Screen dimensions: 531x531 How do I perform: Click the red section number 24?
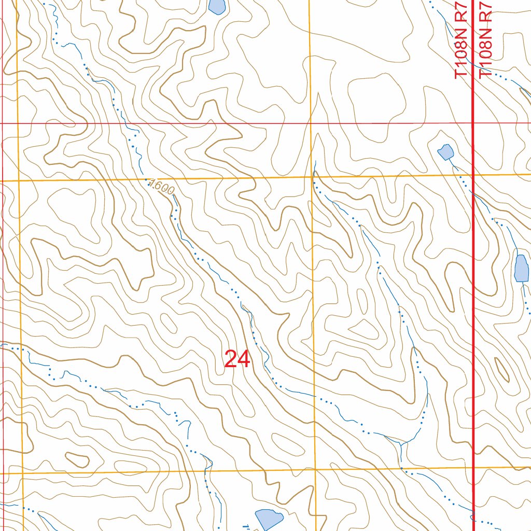(237, 359)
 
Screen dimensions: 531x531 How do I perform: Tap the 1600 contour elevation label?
(161, 188)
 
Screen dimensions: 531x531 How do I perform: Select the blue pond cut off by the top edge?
(217, 6)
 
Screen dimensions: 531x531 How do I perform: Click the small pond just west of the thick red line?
(445, 152)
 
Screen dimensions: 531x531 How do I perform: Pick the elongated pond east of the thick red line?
(521, 269)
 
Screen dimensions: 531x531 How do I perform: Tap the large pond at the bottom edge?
(269, 519)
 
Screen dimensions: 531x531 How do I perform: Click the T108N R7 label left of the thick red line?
(462, 39)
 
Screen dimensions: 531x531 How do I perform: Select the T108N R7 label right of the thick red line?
(486, 39)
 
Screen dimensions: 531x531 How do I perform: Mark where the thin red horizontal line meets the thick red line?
(473, 123)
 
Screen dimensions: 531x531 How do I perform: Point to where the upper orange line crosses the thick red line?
(473, 175)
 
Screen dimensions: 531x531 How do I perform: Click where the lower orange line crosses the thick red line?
(474, 467)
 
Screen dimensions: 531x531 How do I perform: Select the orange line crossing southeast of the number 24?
(315, 470)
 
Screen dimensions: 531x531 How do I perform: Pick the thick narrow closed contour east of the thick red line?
(502, 369)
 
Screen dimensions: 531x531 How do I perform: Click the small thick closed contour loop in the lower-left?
(77, 459)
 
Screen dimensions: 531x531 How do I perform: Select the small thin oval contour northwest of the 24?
(169, 324)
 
